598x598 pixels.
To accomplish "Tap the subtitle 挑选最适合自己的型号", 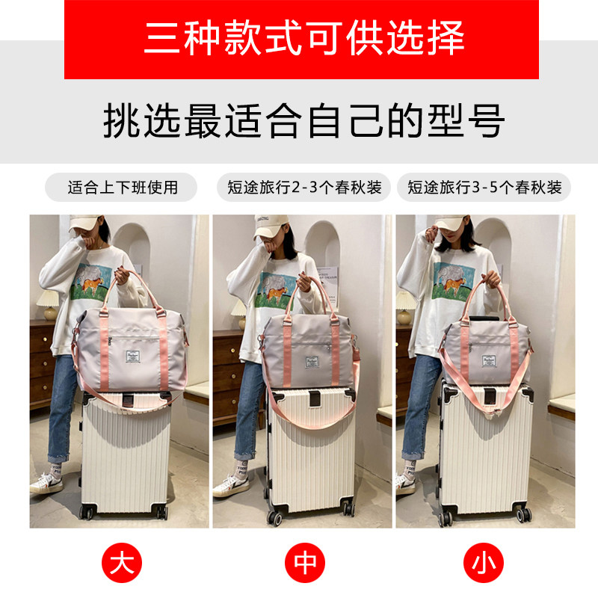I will coord(303,121).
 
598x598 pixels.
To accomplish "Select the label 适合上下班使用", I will coord(122,187).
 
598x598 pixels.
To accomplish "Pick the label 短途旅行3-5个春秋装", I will coord(484,187).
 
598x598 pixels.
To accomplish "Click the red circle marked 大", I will coord(122,562).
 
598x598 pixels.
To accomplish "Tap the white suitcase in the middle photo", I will coord(309,456).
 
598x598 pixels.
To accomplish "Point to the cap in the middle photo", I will coord(274,224).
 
